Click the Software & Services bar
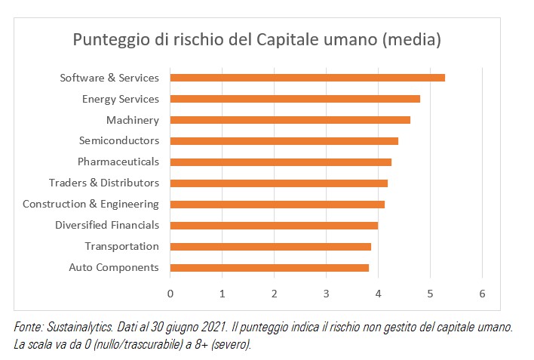coord(307,78)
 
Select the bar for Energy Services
coord(295,99)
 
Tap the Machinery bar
coord(290,120)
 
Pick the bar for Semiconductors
coord(284,140)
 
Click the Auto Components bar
coord(269,267)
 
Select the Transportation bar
coord(270,246)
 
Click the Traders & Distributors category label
coord(103,183)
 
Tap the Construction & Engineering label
coord(91,204)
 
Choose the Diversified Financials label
coord(106,225)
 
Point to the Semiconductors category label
coord(118,140)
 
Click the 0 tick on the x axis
coord(170,293)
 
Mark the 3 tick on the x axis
coord(326,293)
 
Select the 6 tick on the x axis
coord(482,293)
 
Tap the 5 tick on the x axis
coord(430,293)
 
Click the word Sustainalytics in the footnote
coord(81,328)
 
